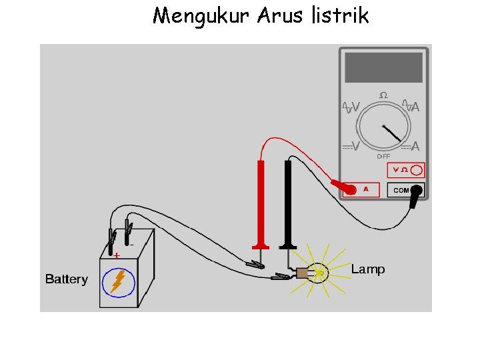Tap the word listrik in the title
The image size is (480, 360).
339,15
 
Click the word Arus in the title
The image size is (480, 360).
280,15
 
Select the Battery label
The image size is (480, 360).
66,279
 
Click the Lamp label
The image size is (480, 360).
368,269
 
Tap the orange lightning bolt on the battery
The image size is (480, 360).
118,281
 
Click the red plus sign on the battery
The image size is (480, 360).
116,255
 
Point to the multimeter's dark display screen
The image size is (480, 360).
383,67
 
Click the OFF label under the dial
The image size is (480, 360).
383,157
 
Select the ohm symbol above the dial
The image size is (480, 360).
383,96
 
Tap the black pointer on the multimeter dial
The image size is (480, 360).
392,133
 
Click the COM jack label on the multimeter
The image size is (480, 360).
401,190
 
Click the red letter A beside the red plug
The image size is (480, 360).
365,189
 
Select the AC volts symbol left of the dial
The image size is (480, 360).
351,107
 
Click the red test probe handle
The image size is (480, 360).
261,200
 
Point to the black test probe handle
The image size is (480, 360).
289,200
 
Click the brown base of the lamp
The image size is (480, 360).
303,273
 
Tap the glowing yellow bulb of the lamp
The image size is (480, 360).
320,273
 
